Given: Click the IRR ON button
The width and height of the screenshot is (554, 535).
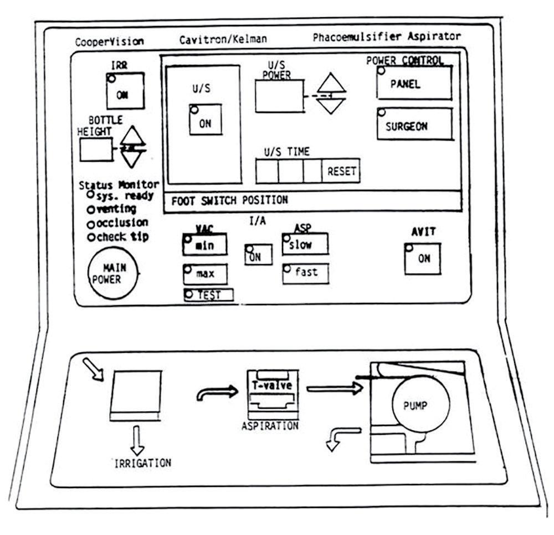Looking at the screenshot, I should coord(125,91).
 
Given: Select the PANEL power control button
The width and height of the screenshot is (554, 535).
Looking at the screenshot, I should coord(414,84).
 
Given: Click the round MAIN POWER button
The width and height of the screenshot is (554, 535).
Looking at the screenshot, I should coord(114,274).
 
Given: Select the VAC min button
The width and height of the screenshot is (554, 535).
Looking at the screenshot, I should coord(205,245).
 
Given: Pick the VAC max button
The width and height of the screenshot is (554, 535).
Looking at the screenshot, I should coord(205,273).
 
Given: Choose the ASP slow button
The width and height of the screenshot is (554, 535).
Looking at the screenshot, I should coord(305,244).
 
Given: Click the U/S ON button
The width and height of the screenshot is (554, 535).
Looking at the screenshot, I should coord(205,120).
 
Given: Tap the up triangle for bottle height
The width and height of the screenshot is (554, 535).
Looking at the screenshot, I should coord(132,136).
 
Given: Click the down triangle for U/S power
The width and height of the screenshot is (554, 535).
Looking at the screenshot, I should coord(331,106).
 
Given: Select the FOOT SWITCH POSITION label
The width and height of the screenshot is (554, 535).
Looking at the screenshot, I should coord(229,200).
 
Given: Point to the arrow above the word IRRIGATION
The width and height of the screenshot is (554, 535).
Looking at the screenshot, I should coord(137,439).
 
